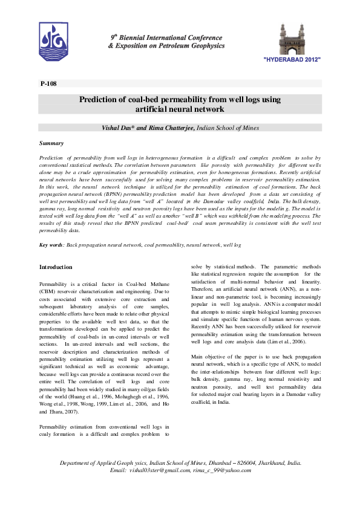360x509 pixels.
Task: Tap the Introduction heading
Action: click(56, 267)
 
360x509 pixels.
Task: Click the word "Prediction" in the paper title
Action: click(100, 99)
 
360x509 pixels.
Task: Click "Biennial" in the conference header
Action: click(137, 37)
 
